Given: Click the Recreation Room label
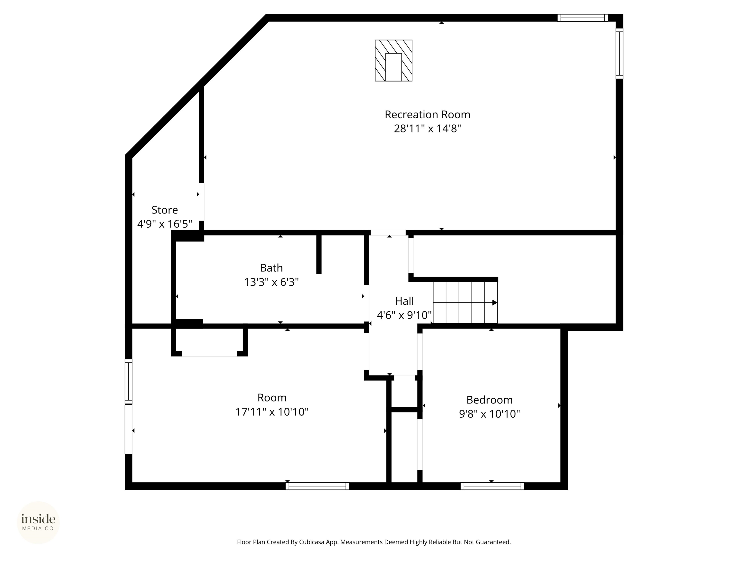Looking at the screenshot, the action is coord(427,115).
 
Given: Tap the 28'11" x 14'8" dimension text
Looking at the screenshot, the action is coord(427,129).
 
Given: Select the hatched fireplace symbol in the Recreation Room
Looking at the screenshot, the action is coord(394,61).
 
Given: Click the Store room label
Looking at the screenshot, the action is coord(165,210).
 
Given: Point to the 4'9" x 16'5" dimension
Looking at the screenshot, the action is coord(165,224).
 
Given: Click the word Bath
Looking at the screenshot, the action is coord(271,268).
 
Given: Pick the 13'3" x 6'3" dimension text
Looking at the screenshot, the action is coord(271,282).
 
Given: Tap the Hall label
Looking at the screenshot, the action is coord(404,301).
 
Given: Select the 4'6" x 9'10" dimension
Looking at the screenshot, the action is coord(404,315).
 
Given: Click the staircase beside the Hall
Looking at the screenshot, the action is coord(465,302).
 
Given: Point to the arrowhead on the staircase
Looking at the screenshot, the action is coord(495,303).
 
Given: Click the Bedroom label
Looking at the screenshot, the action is coord(489,400).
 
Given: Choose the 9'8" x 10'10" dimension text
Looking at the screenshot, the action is coord(489,414).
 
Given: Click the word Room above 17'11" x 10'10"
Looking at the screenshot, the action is coord(272,398).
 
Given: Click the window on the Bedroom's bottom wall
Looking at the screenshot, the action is coord(492,486).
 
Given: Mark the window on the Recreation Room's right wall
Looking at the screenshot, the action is coord(619,53).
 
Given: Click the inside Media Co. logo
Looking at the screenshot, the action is coord(38,523).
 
